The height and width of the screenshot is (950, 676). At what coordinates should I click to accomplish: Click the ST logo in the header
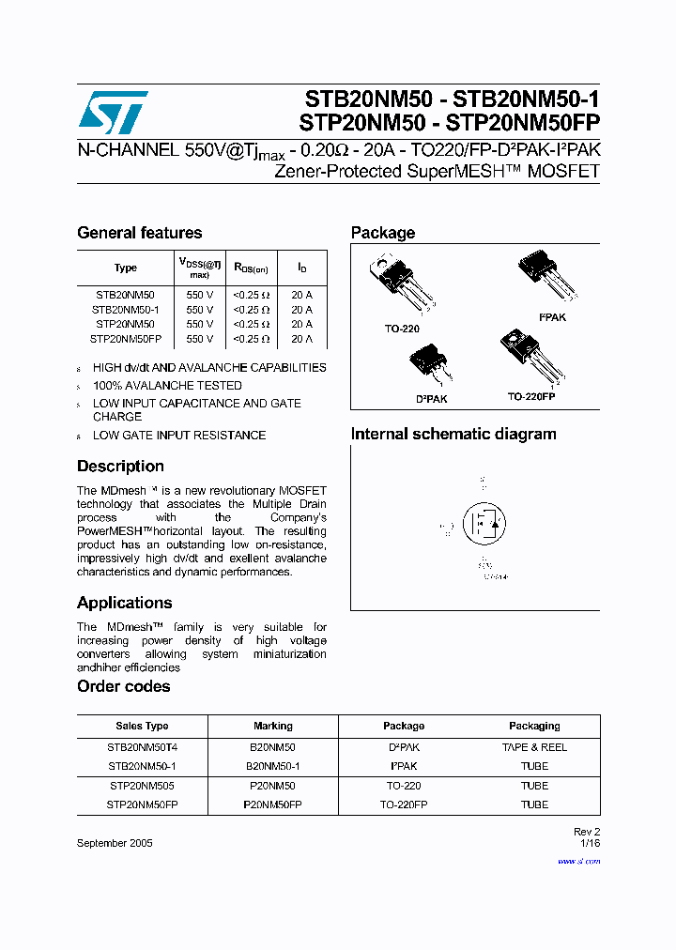(113, 113)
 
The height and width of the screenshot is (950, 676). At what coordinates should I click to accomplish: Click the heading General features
(139, 233)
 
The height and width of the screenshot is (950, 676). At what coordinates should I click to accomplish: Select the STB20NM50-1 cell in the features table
(125, 309)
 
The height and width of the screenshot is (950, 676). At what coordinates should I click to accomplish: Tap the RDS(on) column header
(251, 268)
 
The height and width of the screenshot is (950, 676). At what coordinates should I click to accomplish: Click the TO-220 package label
(401, 329)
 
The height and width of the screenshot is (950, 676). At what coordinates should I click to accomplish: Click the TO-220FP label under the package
(531, 397)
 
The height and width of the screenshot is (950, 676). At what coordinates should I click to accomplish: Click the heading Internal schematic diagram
(453, 434)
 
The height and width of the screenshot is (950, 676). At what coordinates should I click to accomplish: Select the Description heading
(120, 467)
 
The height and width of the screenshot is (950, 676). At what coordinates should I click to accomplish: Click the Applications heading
(124, 603)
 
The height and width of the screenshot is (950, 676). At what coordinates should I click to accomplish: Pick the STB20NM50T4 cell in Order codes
(142, 747)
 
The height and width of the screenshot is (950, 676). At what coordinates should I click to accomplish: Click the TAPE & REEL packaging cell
(534, 747)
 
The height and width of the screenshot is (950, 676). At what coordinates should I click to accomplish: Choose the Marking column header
(273, 726)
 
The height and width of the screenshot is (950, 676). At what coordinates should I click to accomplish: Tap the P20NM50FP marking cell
(273, 804)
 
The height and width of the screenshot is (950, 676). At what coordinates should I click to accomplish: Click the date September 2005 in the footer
(115, 843)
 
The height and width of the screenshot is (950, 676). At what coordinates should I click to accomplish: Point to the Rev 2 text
(586, 832)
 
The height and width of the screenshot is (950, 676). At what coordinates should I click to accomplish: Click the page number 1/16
(590, 843)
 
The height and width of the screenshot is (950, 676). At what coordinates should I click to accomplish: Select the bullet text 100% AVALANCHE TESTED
(167, 386)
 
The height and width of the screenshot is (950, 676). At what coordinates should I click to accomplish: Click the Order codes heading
(123, 686)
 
